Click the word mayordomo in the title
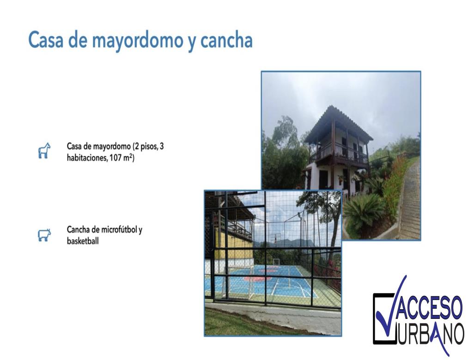pos(137,41)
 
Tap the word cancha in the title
pos(226,41)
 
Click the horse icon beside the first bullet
pos(44,150)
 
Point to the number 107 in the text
pos(115,158)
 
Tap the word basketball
pos(83,241)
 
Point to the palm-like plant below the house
pos(364,210)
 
